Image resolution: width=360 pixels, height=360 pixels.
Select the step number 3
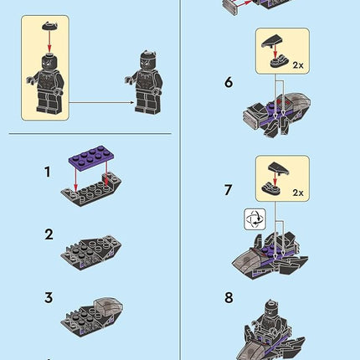click(x=48, y=296)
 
